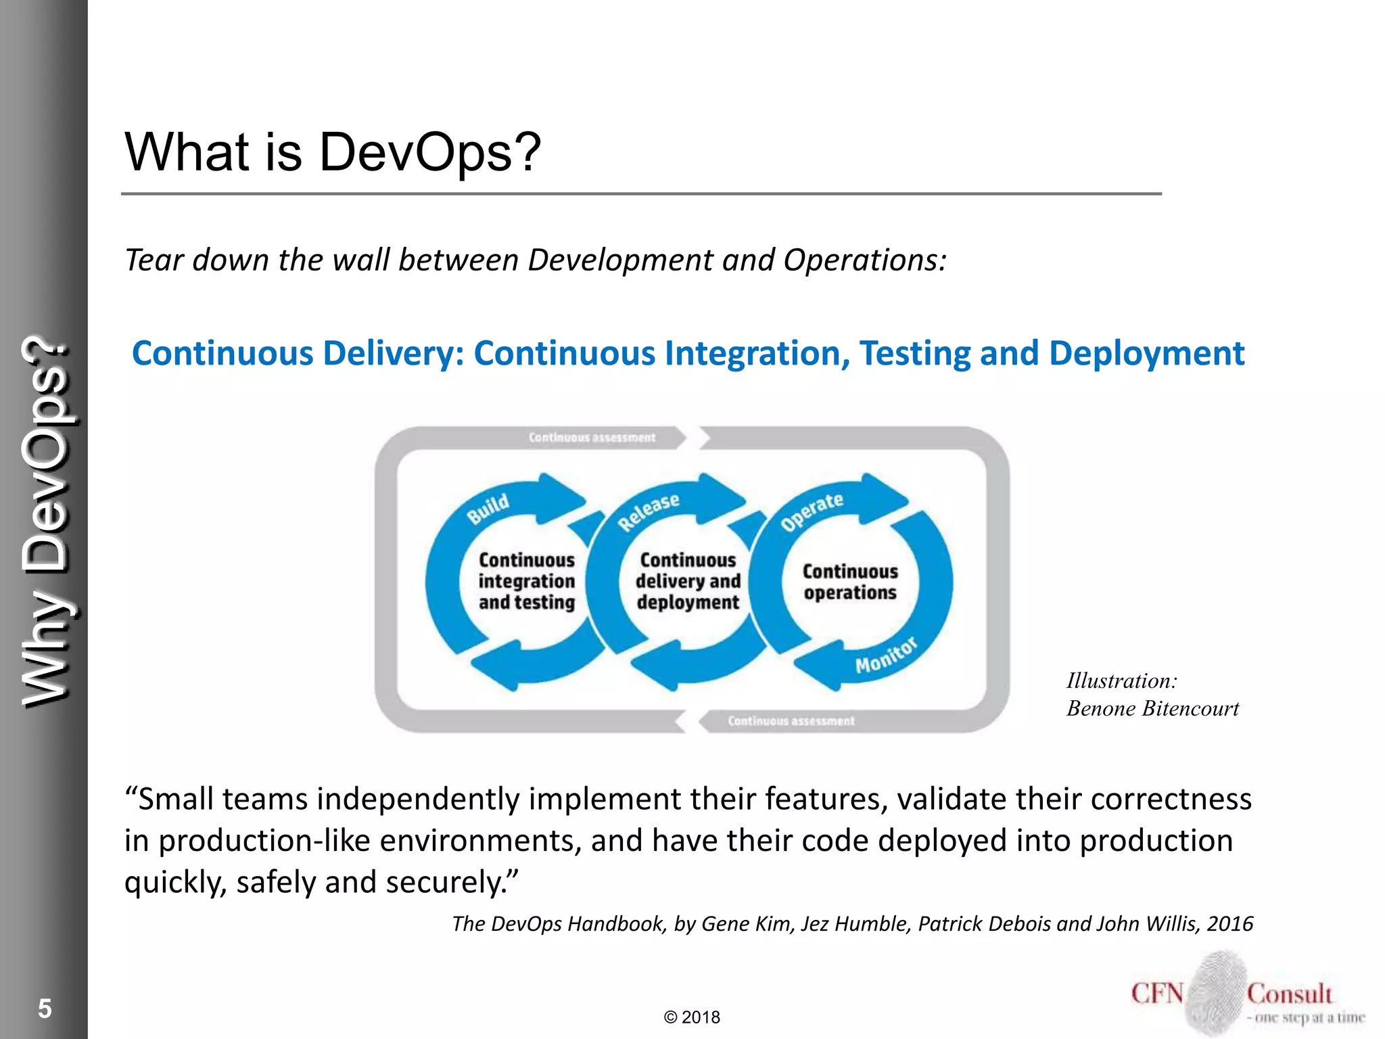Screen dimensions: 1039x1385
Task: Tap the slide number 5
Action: pyautogui.click(x=45, y=1009)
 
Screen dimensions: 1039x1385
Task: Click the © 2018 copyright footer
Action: pyautogui.click(x=692, y=1017)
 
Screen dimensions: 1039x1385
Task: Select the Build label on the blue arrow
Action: pyautogui.click(x=488, y=509)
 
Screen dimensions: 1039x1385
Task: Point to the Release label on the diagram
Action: pyautogui.click(x=649, y=511)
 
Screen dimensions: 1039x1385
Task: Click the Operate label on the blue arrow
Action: pyautogui.click(x=812, y=511)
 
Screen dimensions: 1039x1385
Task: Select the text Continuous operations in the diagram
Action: pyautogui.click(x=850, y=582)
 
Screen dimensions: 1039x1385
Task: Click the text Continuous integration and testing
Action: pyautogui.click(x=527, y=581)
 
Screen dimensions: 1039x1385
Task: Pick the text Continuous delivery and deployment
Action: pyautogui.click(x=688, y=581)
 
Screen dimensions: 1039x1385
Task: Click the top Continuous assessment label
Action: pyautogui.click(x=592, y=438)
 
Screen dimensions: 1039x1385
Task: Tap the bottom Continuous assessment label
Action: pyautogui.click(x=791, y=721)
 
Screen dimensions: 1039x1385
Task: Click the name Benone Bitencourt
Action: pyautogui.click(x=1152, y=708)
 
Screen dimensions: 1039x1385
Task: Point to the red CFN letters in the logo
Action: pyautogui.click(x=1157, y=994)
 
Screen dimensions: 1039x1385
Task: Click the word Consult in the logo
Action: pyautogui.click(x=1289, y=994)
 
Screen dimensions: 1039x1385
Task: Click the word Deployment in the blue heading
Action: pyautogui.click(x=1146, y=353)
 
